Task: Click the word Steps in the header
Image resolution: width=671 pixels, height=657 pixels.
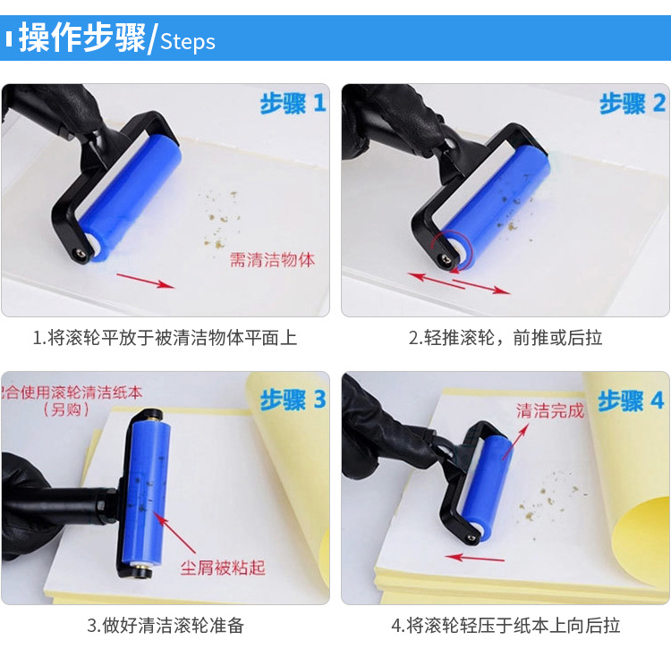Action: click(x=188, y=41)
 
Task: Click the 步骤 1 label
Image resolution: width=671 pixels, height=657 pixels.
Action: click(x=293, y=104)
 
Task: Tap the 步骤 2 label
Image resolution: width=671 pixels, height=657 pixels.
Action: click(x=633, y=104)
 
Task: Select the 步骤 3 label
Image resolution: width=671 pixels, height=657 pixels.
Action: click(x=293, y=400)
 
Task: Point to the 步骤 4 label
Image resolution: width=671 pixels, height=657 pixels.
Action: click(x=632, y=400)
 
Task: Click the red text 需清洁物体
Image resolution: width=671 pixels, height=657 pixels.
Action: click(x=273, y=260)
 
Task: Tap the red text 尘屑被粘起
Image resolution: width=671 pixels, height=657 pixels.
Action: click(x=223, y=568)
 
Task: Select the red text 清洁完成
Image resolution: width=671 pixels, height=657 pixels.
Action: click(x=549, y=411)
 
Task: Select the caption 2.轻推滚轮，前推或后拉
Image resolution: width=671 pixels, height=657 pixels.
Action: click(x=505, y=338)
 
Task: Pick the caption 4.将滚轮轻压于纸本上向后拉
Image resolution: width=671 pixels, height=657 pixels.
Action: click(x=505, y=626)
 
